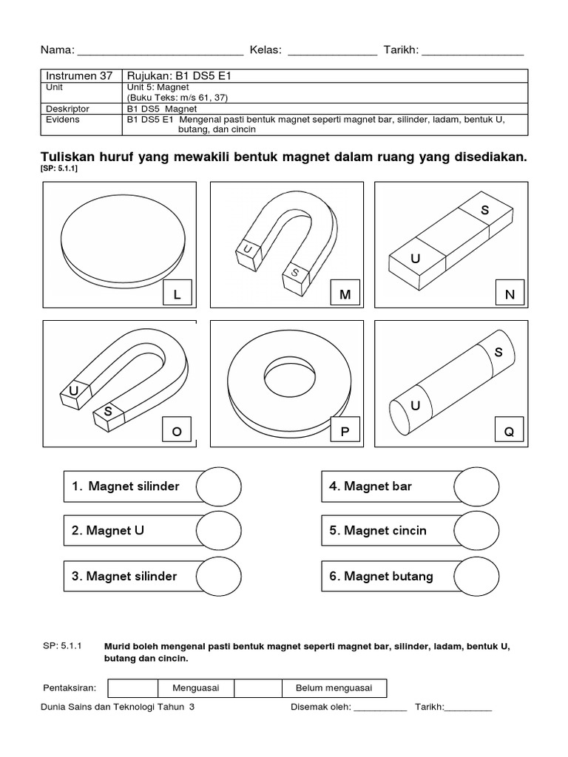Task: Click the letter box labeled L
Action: click(x=177, y=295)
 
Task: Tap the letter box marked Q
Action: click(x=509, y=432)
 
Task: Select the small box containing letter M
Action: click(x=344, y=295)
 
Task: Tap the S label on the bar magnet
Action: click(x=485, y=211)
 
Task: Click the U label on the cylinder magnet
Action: click(x=415, y=406)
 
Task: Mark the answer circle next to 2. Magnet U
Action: click(x=219, y=531)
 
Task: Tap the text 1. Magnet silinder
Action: click(x=126, y=486)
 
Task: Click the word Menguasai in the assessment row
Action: click(x=195, y=688)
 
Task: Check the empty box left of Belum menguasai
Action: click(x=258, y=688)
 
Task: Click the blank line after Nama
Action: click(x=160, y=51)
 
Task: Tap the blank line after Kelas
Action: click(x=332, y=51)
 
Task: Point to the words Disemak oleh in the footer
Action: click(x=319, y=707)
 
